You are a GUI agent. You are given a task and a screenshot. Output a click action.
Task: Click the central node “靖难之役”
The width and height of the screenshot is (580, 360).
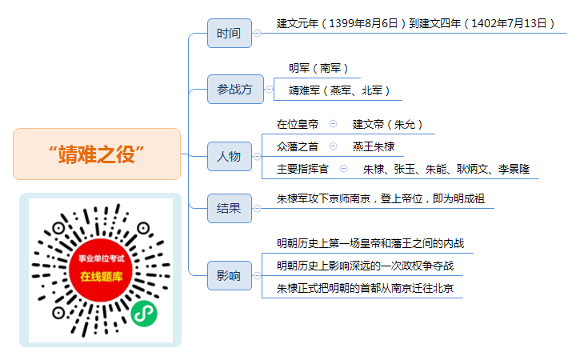[x=97, y=154]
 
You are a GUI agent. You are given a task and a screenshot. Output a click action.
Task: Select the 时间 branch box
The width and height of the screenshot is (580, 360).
[x=230, y=34]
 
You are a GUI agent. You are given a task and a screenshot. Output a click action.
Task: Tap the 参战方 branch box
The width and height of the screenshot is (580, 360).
[x=235, y=89]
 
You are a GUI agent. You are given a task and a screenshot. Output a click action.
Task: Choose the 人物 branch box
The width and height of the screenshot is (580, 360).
[x=230, y=157]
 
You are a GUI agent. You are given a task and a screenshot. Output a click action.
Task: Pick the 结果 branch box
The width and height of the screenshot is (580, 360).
[x=230, y=208]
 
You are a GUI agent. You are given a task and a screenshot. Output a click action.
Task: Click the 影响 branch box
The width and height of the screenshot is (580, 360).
[x=230, y=276]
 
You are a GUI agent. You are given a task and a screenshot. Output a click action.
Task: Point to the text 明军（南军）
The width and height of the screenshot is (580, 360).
[x=318, y=68]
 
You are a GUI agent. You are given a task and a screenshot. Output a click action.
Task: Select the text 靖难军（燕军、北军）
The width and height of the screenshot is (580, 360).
[x=339, y=90]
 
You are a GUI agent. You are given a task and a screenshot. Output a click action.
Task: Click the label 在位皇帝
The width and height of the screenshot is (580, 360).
[x=298, y=124]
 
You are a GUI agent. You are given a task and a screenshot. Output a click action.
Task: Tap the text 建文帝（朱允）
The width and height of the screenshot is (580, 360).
[x=387, y=124]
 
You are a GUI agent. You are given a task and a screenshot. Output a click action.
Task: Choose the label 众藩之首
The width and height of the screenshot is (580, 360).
[x=298, y=146]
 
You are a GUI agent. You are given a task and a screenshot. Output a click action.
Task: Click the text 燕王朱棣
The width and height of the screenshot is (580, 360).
[x=374, y=146]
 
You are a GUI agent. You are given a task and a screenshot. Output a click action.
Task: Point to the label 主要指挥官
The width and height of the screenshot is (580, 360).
[x=302, y=169]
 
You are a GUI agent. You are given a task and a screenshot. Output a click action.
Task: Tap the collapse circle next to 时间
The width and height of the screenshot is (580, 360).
[x=257, y=34]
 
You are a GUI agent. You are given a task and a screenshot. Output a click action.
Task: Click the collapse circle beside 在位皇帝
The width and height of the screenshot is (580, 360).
[x=334, y=123]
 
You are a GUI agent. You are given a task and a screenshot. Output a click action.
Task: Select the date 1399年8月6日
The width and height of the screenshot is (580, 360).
[x=363, y=23]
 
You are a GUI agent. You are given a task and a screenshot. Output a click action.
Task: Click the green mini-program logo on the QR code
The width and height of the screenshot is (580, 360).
[x=144, y=314]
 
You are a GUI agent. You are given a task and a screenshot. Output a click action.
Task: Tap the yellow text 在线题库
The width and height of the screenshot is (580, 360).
[x=101, y=276]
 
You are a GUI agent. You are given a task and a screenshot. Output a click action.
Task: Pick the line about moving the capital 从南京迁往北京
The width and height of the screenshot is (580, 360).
[x=365, y=288]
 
